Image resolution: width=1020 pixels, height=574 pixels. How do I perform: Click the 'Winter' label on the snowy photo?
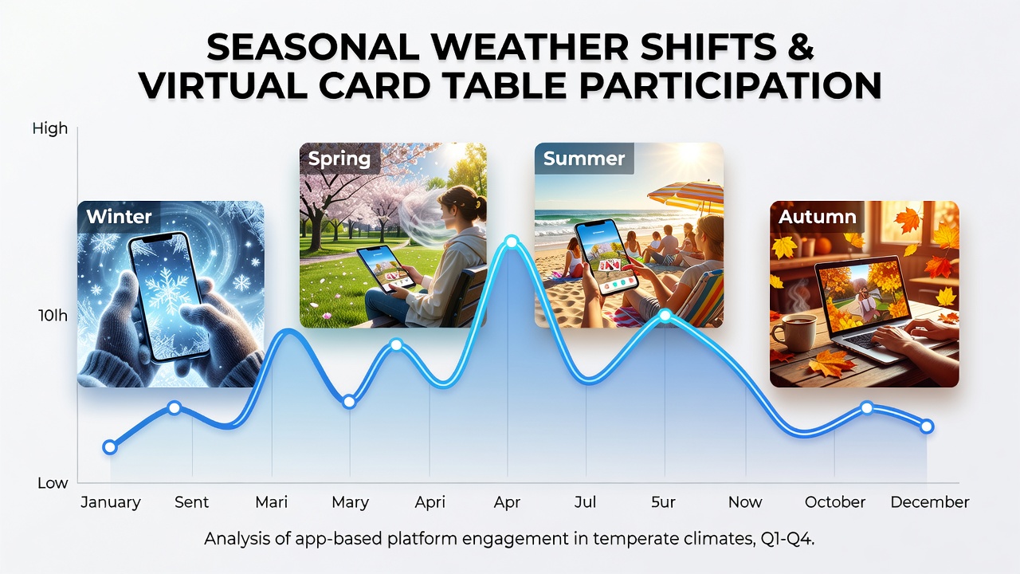pyautogui.click(x=119, y=216)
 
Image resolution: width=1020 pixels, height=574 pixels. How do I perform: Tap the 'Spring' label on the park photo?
pyautogui.click(x=339, y=159)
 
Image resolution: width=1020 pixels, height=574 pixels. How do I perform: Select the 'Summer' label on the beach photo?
pyautogui.click(x=584, y=159)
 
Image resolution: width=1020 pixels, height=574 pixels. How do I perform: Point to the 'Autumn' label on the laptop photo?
pyautogui.click(x=818, y=216)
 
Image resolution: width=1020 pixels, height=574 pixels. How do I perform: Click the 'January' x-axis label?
pyautogui.click(x=111, y=502)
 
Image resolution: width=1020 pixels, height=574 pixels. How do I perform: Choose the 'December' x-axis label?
pyautogui.click(x=930, y=502)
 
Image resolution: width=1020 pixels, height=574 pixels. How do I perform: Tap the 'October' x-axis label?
pyautogui.click(x=835, y=502)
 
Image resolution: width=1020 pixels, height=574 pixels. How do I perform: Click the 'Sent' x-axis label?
pyautogui.click(x=192, y=502)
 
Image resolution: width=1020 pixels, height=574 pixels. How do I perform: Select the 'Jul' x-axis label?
pyautogui.click(x=585, y=502)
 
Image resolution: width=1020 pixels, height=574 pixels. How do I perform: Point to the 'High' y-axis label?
pyautogui.click(x=50, y=129)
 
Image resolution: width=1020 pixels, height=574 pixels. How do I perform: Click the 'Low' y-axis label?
pyautogui.click(x=53, y=483)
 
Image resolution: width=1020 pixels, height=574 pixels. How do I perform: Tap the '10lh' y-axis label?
pyautogui.click(x=53, y=315)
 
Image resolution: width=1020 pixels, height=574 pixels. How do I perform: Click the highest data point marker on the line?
pyautogui.click(x=512, y=242)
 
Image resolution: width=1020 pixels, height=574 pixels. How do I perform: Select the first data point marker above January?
pyautogui.click(x=110, y=447)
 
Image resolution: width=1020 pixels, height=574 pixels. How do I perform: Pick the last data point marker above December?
pyautogui.click(x=927, y=427)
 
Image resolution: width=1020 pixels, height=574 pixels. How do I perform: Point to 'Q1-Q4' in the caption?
pyautogui.click(x=787, y=540)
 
